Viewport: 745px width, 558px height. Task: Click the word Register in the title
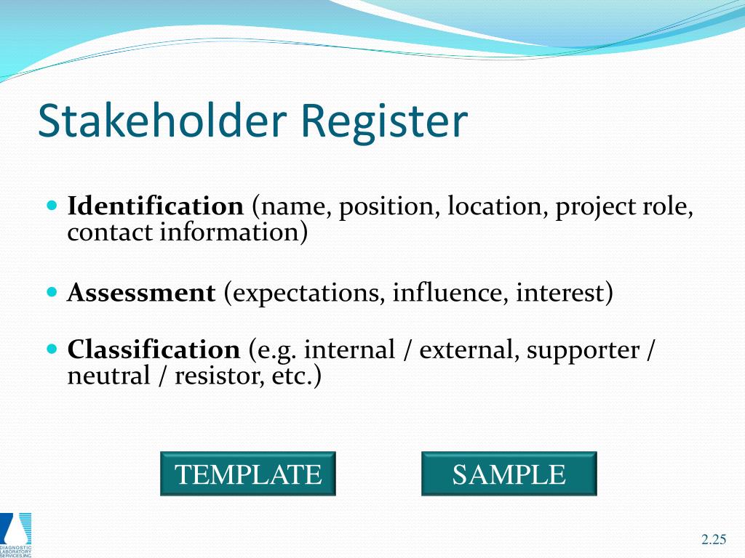(x=382, y=121)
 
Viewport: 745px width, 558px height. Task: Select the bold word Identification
(x=155, y=206)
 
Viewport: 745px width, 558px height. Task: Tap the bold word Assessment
(x=141, y=294)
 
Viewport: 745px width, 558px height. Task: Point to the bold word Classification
(x=154, y=350)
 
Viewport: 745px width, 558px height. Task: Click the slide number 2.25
(x=714, y=539)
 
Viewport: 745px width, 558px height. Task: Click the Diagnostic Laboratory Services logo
(x=16, y=533)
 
